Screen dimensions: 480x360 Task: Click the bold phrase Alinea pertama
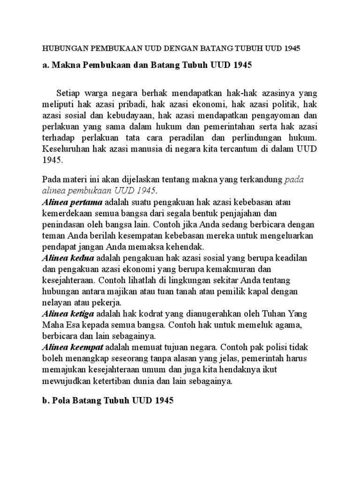[x=72, y=202]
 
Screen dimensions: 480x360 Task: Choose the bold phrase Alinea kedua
[x=68, y=258]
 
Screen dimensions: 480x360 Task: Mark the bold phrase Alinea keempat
[x=73, y=347]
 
